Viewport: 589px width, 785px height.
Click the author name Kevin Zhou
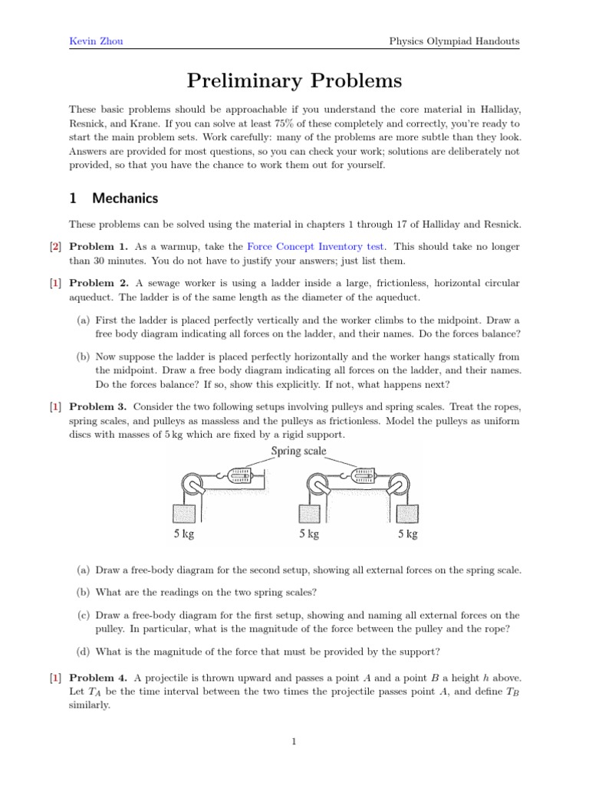(x=97, y=41)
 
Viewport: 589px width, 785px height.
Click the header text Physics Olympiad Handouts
(x=454, y=41)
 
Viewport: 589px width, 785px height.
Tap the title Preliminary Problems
(x=294, y=80)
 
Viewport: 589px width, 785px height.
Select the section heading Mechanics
(x=125, y=198)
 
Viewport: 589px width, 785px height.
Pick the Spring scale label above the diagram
(x=299, y=452)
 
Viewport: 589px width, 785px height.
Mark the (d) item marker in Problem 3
(x=83, y=652)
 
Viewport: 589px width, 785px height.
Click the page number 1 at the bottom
(x=294, y=741)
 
